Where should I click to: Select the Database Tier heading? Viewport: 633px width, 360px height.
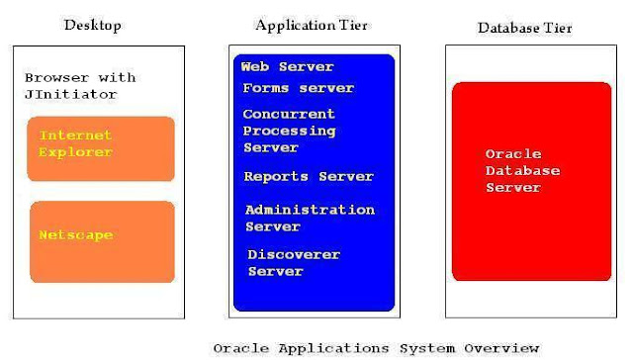pyautogui.click(x=525, y=28)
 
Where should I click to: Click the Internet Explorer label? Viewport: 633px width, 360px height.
pyautogui.click(x=75, y=143)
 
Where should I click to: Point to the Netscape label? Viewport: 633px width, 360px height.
pyautogui.click(x=75, y=235)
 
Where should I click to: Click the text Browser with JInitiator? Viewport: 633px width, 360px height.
pyautogui.click(x=81, y=86)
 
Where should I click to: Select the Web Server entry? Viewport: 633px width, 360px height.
pyautogui.click(x=287, y=67)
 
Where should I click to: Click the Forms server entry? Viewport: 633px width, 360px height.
pyautogui.click(x=298, y=88)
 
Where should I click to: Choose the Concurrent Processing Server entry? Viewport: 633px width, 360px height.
pyautogui.click(x=289, y=131)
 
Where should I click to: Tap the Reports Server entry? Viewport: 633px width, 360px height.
pyautogui.click(x=309, y=176)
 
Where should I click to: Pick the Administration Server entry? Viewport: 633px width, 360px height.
pyautogui.click(x=310, y=218)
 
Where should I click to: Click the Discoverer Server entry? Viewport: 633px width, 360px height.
pyautogui.click(x=293, y=263)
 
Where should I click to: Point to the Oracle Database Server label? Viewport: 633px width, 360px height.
pyautogui.click(x=522, y=171)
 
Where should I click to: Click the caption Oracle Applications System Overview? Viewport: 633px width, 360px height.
pyautogui.click(x=377, y=348)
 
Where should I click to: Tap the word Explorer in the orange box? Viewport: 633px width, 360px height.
pyautogui.click(x=75, y=152)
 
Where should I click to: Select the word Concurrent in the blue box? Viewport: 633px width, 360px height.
pyautogui.click(x=289, y=114)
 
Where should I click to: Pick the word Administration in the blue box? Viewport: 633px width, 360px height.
pyautogui.click(x=310, y=210)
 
